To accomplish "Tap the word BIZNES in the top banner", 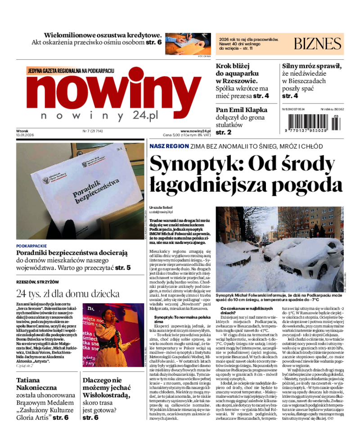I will pos(318,44).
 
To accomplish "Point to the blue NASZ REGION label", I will pos(168,146).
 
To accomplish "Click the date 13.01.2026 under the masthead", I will pos(25,135).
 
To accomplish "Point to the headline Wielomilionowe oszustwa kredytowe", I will pos(103,35).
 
